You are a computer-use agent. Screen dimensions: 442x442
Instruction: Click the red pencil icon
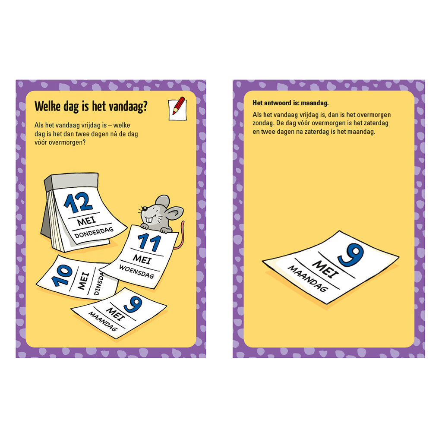coord(177,108)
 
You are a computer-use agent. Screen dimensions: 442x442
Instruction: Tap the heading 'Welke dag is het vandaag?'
coord(91,106)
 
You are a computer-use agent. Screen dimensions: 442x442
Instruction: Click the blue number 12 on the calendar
coord(78,202)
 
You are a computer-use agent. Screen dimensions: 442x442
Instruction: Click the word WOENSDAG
coord(137,272)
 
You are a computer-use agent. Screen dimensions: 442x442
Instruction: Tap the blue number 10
coord(62,275)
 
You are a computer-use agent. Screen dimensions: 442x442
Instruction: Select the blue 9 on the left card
coord(133,305)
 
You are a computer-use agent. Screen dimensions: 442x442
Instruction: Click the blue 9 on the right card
coord(351,255)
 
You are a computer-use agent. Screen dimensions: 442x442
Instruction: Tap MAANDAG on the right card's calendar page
coord(308,278)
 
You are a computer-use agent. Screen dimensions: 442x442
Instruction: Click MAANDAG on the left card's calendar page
coord(103,321)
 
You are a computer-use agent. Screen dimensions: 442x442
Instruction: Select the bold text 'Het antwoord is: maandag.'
coord(290,103)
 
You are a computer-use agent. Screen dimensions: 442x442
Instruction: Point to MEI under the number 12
coord(86,221)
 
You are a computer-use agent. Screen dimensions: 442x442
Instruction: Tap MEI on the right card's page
coord(325,269)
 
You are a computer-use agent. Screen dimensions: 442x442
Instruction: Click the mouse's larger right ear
coord(175,213)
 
